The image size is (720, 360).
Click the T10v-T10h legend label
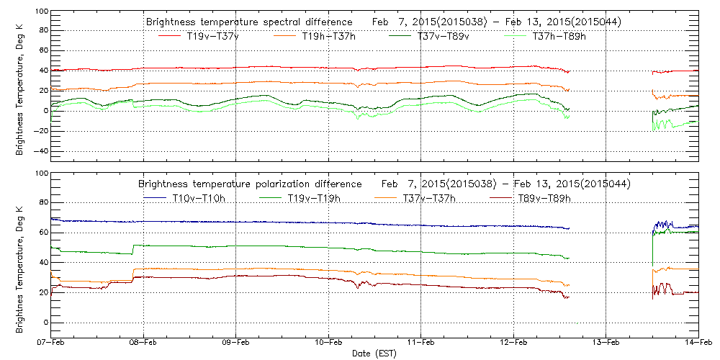pos(199,198)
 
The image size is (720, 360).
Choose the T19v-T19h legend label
pos(313,198)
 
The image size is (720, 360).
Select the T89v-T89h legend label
pos(545,198)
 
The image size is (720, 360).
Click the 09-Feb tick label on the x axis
pos(235,343)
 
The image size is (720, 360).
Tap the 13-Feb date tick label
pos(606,343)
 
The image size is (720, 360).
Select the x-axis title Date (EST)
pos(374,354)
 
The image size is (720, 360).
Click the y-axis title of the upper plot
pos(19,94)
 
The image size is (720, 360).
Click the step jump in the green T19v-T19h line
pos(132,249)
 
